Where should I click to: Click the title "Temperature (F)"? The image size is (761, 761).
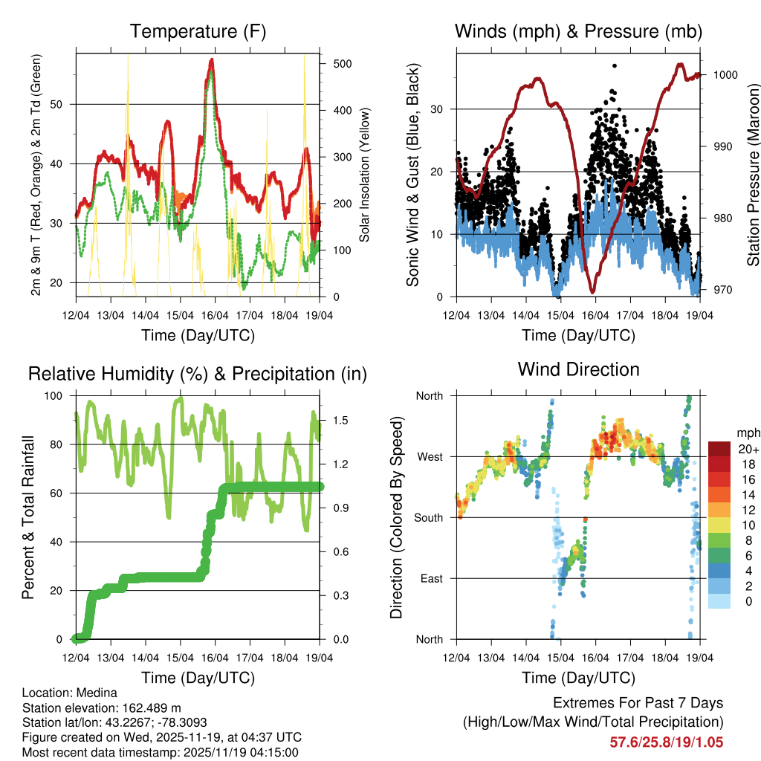coord(198,31)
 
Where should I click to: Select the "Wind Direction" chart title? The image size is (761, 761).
coord(578,369)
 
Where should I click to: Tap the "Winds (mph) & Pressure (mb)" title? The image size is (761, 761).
coord(578,31)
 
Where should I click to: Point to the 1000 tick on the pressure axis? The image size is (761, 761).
coord(725,74)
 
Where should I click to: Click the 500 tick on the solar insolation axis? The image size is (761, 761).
coord(343,64)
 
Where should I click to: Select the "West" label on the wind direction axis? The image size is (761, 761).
coord(429,456)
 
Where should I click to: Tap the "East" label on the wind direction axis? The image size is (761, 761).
coord(430,578)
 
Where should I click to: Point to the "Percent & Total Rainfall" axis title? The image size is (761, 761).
coord(28,517)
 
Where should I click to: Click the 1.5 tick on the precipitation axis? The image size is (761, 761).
coord(341,420)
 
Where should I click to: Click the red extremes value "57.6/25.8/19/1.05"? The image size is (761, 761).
coord(666,742)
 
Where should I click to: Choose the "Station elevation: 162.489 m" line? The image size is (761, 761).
coord(102,707)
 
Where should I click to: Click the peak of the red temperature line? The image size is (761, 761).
coord(212,59)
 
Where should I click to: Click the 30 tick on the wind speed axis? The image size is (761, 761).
coord(438,109)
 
